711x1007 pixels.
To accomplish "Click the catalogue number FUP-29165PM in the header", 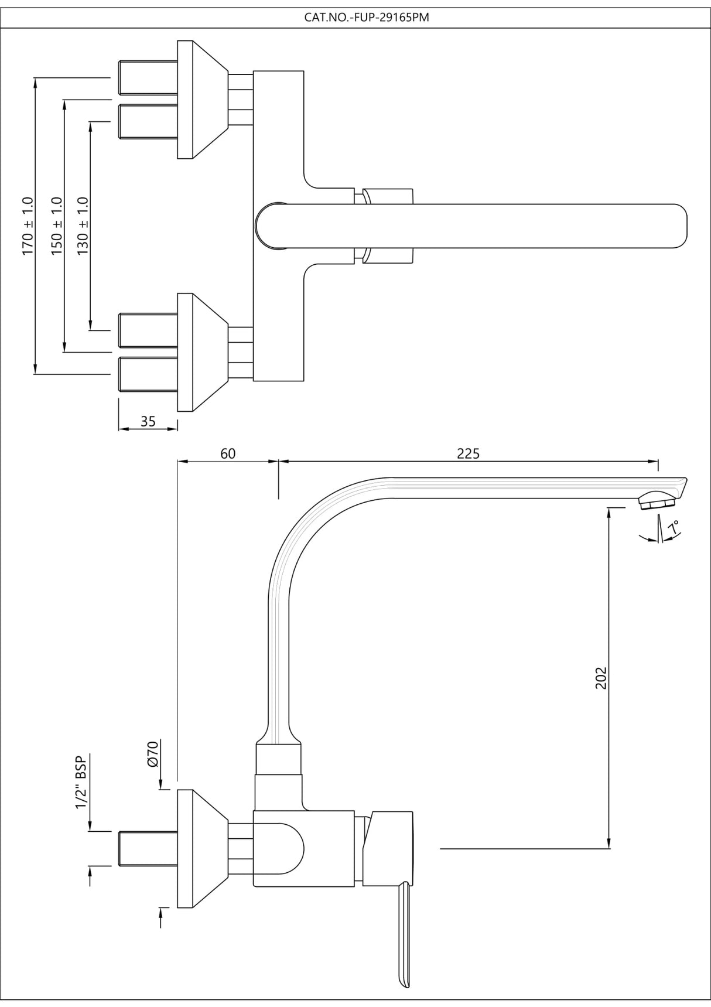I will click(367, 18).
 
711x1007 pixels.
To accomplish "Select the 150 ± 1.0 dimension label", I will click(56, 226).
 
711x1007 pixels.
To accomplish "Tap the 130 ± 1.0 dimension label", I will click(83, 226).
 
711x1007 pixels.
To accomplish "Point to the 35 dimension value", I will click(148, 421).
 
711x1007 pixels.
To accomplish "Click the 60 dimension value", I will click(228, 453).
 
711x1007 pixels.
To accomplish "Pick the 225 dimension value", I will click(468, 453).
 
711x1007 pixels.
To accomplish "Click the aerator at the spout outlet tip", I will click(657, 501).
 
